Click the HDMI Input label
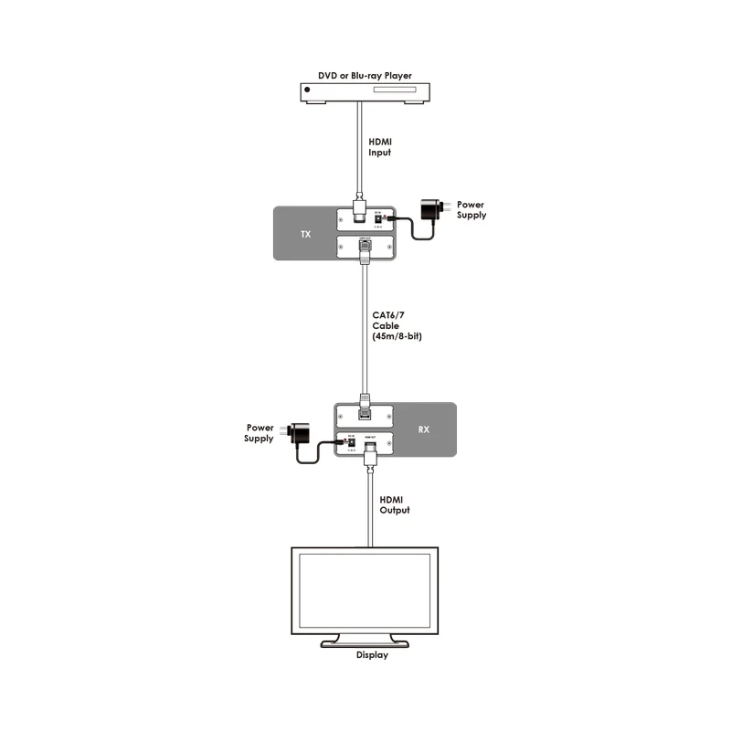click(x=381, y=147)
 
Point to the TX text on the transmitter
click(x=305, y=235)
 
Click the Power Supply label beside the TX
click(x=471, y=210)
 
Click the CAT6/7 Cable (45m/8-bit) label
click(x=396, y=326)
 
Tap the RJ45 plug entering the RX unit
click(x=365, y=403)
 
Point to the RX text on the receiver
click(x=424, y=429)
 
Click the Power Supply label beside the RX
click(x=259, y=432)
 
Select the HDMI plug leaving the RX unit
click(x=369, y=452)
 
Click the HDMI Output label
click(x=394, y=504)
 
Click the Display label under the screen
click(x=372, y=655)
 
